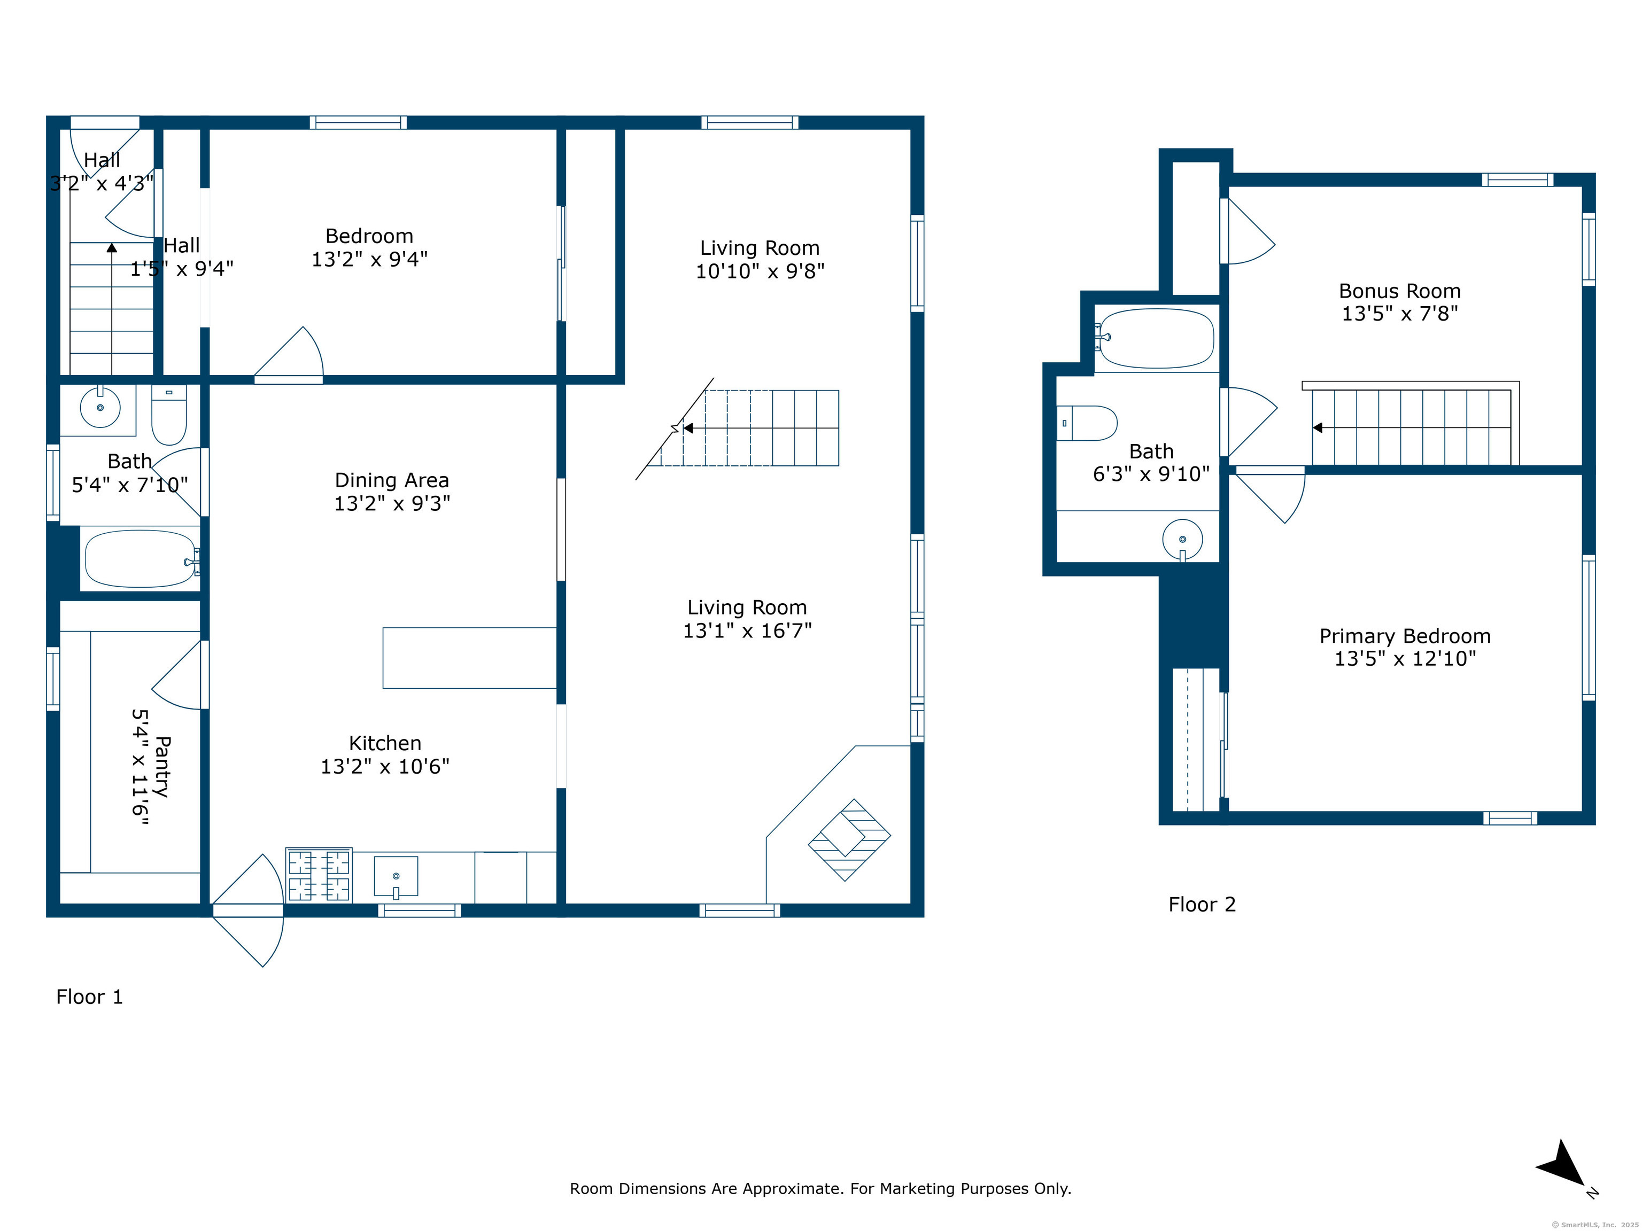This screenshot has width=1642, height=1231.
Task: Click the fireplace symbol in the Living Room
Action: [849, 839]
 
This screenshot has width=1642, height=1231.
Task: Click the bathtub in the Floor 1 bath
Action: [140, 559]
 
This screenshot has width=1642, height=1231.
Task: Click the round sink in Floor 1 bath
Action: [100, 407]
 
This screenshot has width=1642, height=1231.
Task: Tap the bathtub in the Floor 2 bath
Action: [1157, 338]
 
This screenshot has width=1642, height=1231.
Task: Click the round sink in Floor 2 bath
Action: [1182, 540]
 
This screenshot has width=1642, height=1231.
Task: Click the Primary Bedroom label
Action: [1405, 636]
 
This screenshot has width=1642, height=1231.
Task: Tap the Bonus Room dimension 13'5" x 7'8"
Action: [1399, 313]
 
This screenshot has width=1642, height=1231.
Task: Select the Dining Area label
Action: [391, 480]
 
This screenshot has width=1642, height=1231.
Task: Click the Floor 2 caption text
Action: [1202, 905]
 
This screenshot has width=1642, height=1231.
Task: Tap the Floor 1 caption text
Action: [89, 996]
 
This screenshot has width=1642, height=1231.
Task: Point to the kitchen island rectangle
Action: [469, 658]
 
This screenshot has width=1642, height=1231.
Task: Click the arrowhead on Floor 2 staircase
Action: [1318, 427]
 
